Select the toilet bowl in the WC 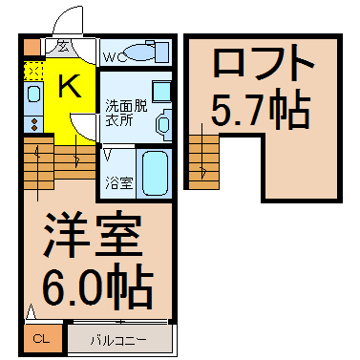(139, 52)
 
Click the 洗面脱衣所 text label (126, 113)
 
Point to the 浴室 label (118, 183)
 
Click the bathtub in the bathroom (155, 173)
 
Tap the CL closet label (42, 339)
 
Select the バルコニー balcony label (118, 340)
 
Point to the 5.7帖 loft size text (261, 108)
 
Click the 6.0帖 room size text (98, 286)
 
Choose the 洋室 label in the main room (93, 234)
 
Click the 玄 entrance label (62, 47)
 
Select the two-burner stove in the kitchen (33, 123)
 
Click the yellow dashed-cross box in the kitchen (33, 71)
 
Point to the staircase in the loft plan (203, 162)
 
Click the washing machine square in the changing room (161, 92)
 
